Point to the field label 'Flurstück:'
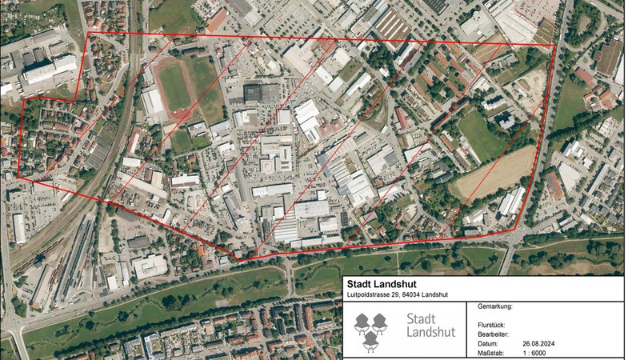(x=490, y=324)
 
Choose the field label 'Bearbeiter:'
(x=493, y=333)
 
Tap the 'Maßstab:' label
(x=491, y=351)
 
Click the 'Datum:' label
(x=488, y=342)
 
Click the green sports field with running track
(x=174, y=86)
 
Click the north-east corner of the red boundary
(x=554, y=45)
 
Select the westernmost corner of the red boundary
(x=18, y=178)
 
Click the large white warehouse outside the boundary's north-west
(x=50, y=69)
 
